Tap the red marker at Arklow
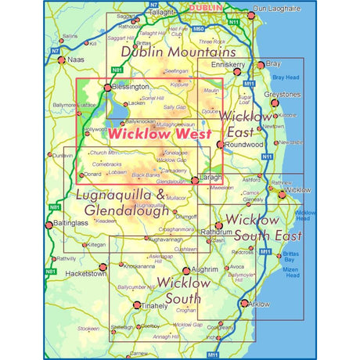tap(245, 304)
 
